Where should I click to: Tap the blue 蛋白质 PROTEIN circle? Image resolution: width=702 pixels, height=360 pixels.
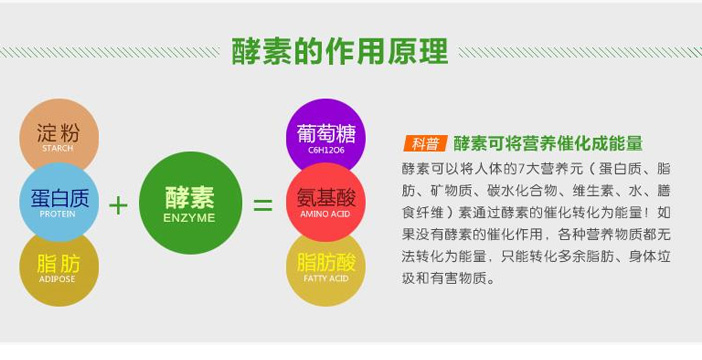[x=59, y=201]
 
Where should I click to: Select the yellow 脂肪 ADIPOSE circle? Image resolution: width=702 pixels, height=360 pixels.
[x=59, y=264]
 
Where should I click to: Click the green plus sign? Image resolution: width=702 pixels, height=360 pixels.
[x=119, y=205]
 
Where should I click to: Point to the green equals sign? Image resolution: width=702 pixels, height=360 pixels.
[x=262, y=205]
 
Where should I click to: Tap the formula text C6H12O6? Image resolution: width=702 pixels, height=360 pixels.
[x=326, y=152]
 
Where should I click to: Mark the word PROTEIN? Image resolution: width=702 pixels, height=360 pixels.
[x=59, y=213]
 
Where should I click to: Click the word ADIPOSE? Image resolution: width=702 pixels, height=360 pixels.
[x=59, y=277]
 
